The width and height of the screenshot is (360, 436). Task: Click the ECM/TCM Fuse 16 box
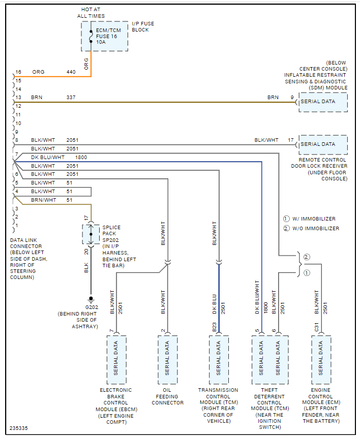pyautogui.click(x=104, y=36)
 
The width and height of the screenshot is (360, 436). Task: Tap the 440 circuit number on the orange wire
pyautogui.click(x=71, y=72)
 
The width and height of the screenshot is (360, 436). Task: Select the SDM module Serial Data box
pyautogui.click(x=323, y=102)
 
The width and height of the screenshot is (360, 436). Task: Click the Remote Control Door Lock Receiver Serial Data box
pyautogui.click(x=323, y=144)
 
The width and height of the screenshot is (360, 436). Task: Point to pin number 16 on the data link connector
pyautogui.click(x=18, y=72)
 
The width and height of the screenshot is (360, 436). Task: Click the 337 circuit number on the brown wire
pyautogui.click(x=71, y=97)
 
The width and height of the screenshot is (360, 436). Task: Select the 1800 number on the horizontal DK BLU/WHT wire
pyautogui.click(x=81, y=158)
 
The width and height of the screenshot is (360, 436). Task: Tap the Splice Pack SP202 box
pyautogui.click(x=91, y=234)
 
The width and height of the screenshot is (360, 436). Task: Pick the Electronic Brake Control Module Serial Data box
pyautogui.click(x=116, y=359)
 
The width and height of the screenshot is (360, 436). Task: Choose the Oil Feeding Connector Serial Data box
pyautogui.click(x=167, y=359)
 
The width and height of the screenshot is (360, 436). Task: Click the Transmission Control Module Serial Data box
pyautogui.click(x=219, y=359)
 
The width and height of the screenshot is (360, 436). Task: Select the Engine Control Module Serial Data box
pyautogui.click(x=321, y=359)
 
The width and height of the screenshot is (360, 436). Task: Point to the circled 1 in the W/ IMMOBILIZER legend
pyautogui.click(x=286, y=219)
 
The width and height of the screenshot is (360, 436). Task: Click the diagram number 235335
pyautogui.click(x=19, y=428)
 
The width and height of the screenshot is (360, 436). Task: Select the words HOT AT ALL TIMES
pyautogui.click(x=92, y=13)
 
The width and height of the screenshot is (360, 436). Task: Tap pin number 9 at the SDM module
pyautogui.click(x=292, y=97)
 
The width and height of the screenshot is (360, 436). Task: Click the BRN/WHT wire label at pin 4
pyautogui.click(x=43, y=200)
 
